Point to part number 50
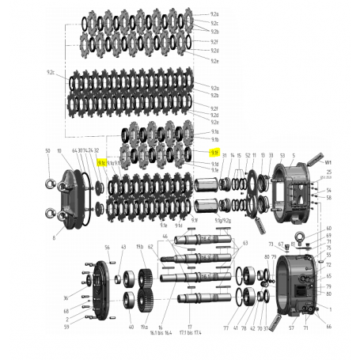pos(47,150)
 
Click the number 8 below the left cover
pos(55,236)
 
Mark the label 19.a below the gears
pos(145,326)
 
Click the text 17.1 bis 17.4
pos(190,333)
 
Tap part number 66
pos(328,326)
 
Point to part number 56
pos(108,248)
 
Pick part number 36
pos(66,298)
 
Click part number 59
pos(66,326)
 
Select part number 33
pos(271,155)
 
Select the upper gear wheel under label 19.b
pos(145,279)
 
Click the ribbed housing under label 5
pos(290,191)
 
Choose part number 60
pos(328,228)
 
